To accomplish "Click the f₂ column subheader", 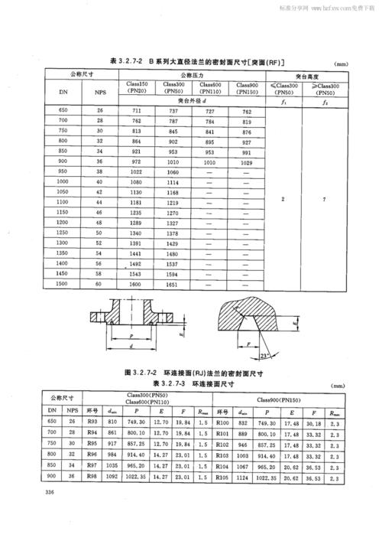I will pyautogui.click(x=324, y=100).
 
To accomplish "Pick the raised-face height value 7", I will pyautogui.click(x=324, y=199).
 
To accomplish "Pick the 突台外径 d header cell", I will pyautogui.click(x=191, y=100).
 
